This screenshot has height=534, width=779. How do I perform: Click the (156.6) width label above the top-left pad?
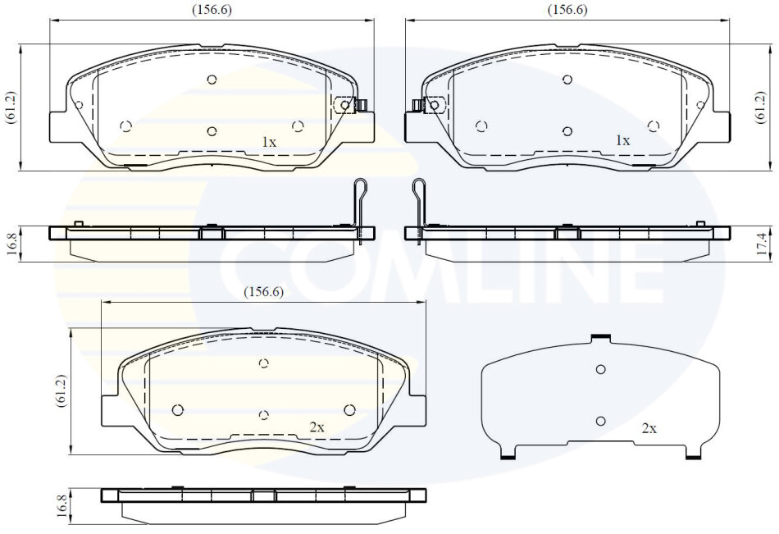[x=212, y=10]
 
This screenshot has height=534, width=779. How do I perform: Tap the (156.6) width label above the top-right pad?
[x=567, y=10]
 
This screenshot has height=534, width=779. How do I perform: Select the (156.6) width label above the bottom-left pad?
[x=264, y=292]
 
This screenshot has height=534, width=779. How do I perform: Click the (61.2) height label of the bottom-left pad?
[x=61, y=390]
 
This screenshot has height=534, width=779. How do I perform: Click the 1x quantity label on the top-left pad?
[x=269, y=142]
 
